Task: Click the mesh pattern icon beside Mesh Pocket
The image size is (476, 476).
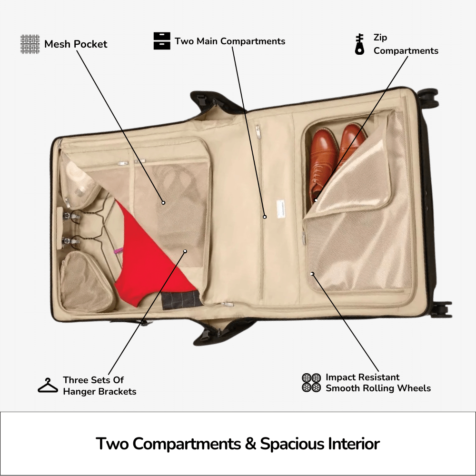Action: (x=30, y=44)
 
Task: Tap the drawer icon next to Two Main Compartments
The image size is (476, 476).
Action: (x=162, y=41)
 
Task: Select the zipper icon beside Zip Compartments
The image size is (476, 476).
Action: (x=360, y=44)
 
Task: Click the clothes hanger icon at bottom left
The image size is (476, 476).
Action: (x=48, y=385)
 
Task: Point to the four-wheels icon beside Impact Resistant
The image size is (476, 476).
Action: (x=311, y=383)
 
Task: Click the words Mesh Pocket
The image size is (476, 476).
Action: (x=76, y=44)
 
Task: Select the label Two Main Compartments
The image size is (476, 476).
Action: (x=230, y=41)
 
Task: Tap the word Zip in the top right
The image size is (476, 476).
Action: (x=380, y=37)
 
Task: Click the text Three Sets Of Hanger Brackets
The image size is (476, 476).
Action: (x=99, y=386)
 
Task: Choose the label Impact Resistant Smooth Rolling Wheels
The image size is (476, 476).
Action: (x=378, y=383)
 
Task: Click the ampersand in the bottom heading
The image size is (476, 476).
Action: (x=250, y=444)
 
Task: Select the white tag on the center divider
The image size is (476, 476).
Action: (x=281, y=209)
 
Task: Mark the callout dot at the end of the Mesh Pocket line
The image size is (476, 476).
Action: (x=163, y=202)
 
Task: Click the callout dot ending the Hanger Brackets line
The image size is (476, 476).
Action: (x=185, y=251)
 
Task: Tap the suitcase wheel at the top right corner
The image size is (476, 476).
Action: (x=428, y=98)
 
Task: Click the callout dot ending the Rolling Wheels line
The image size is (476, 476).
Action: (x=312, y=274)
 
